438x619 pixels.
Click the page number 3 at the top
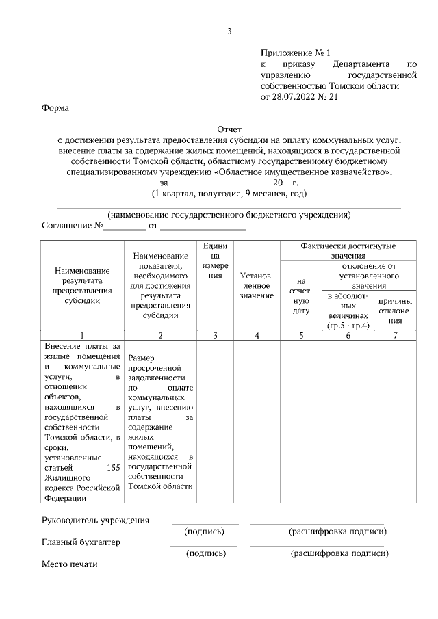pos(229,31)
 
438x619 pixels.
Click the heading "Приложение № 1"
pos(295,53)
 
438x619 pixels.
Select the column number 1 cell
pos(81,335)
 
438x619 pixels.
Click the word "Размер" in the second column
pos(141,358)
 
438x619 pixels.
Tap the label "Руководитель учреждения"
pos(95,520)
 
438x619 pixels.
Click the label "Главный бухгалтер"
pos(81,542)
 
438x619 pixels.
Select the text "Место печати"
pos(70,564)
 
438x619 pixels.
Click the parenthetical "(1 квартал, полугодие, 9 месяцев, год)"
pos(229,194)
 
